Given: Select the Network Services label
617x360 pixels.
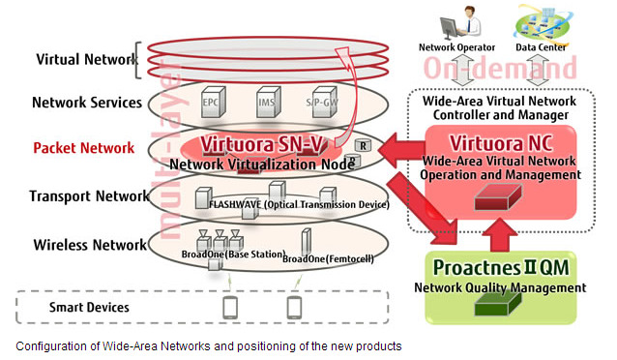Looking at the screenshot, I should [x=87, y=103].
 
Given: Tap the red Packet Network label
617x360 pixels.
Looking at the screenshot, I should [x=84, y=148].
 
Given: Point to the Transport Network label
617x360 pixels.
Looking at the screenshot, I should [x=90, y=195].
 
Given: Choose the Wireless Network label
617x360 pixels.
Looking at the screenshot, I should [x=88, y=244].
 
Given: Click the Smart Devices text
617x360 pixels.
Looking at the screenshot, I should [x=89, y=308].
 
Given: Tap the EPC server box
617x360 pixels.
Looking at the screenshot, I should [x=211, y=102].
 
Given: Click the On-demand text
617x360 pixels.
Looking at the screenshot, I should [x=499, y=67].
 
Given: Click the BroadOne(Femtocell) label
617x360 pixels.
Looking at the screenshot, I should [x=328, y=258].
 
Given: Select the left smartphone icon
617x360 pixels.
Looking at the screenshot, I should [x=230, y=307].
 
